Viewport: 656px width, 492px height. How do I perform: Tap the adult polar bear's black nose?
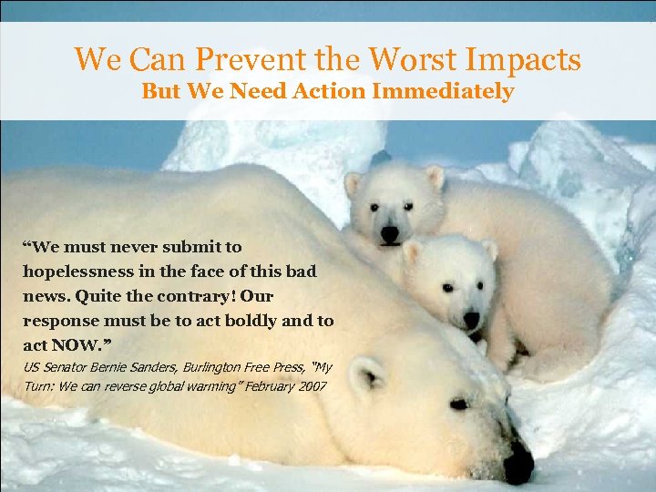518,463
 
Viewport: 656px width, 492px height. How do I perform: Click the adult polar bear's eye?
458,404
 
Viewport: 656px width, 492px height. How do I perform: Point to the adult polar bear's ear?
367,374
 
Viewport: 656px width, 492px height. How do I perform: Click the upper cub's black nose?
390,234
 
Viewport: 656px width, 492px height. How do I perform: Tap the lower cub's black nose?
471,320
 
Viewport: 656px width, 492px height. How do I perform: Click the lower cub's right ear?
489,249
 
